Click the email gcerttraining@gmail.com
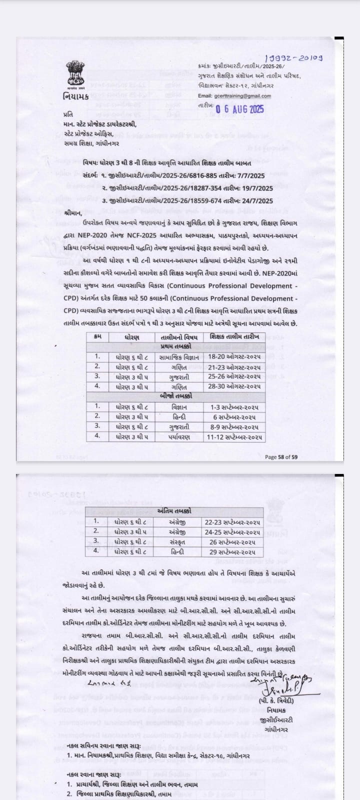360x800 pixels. [x=242, y=96]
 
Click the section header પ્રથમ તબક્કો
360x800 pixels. [x=174, y=347]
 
